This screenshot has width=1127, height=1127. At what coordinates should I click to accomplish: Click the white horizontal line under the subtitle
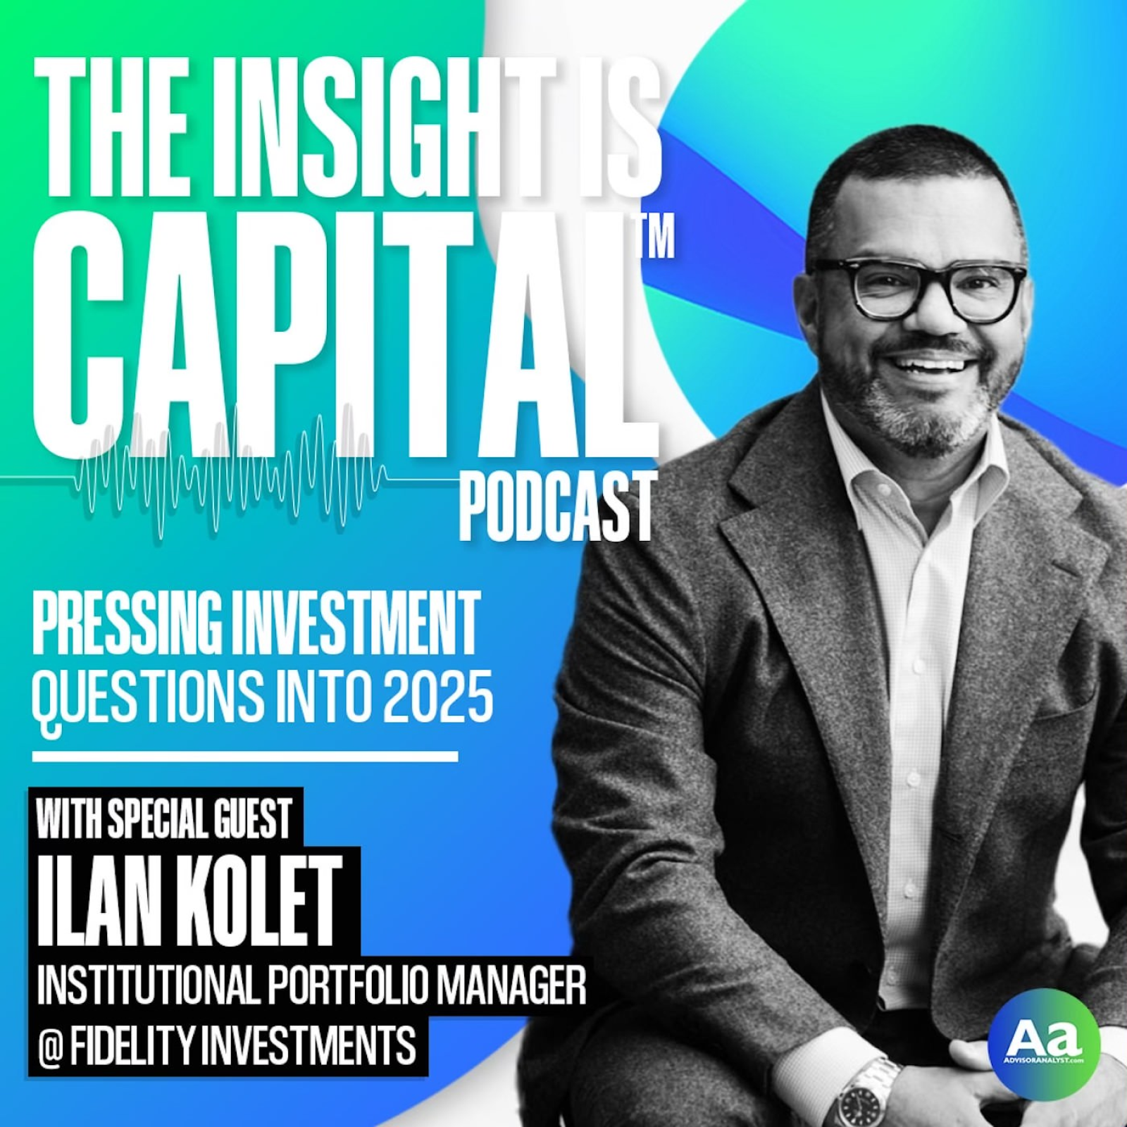[245, 756]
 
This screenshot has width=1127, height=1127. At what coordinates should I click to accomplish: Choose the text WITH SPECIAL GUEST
[164, 818]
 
